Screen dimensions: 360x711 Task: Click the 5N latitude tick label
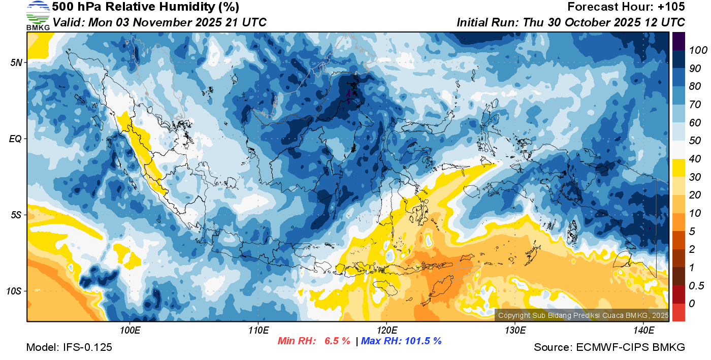point(16,63)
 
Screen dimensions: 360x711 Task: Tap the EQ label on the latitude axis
point(16,139)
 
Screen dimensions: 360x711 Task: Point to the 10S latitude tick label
point(14,291)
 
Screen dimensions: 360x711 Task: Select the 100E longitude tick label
point(130,331)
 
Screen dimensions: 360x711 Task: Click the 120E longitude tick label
point(386,331)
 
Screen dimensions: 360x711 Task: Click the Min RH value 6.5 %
point(337,341)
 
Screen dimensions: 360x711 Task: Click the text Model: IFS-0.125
point(69,348)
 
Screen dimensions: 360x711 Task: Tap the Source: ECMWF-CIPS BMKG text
point(609,348)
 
